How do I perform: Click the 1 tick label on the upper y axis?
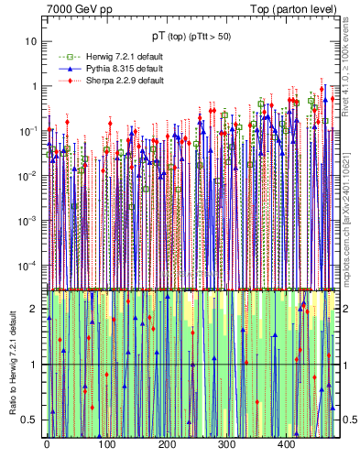pos(33,86)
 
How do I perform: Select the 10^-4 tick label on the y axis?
pos(27,265)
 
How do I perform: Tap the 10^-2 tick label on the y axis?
pos(27,175)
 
